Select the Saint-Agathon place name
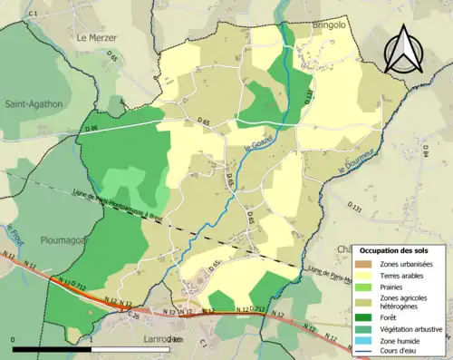coord(34,104)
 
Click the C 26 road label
coord(133,316)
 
